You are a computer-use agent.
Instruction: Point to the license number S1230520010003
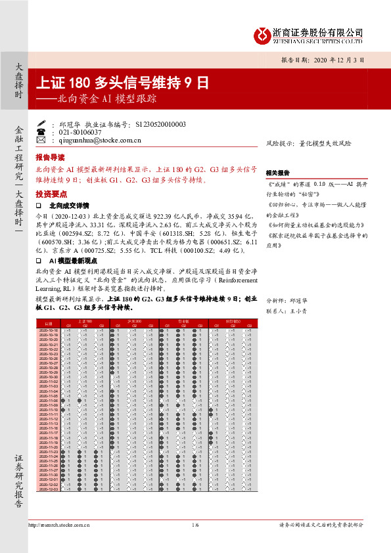160,123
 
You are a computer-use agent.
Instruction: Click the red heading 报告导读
50,158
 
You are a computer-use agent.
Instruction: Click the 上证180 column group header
85,321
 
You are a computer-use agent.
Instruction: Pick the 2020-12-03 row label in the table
49,489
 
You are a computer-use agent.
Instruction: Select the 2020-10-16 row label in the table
49,330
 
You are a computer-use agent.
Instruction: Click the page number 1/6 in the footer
195,525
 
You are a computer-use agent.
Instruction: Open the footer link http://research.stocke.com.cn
60,525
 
